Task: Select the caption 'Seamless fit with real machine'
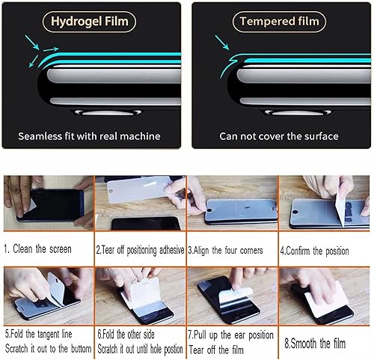[92, 136]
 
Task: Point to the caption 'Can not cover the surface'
[279, 136]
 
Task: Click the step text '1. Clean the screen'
[38, 248]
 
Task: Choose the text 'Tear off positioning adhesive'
[143, 249]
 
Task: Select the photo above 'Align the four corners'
[232, 204]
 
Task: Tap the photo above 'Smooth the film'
[325, 294]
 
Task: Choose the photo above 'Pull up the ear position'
[232, 294]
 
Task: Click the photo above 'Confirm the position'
[325, 204]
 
